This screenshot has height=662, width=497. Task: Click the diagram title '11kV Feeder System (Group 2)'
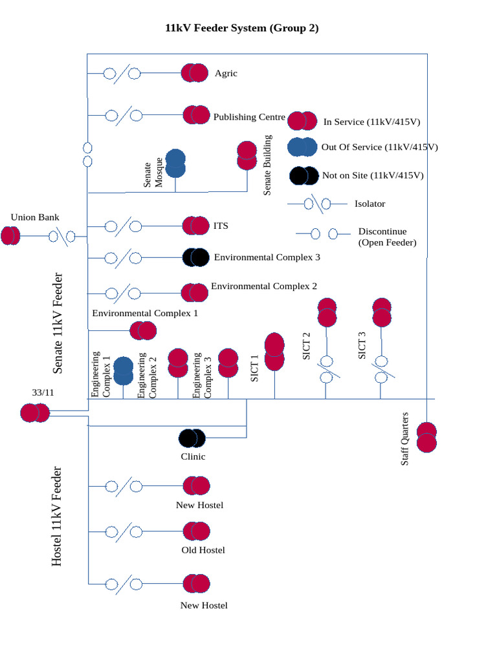click(x=242, y=28)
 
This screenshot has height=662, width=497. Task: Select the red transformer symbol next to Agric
click(x=195, y=73)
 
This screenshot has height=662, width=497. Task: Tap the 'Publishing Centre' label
click(x=249, y=117)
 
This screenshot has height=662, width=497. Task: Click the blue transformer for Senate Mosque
click(x=175, y=164)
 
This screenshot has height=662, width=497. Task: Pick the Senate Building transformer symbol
click(x=247, y=155)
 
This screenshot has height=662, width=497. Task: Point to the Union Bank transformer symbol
click(x=10, y=235)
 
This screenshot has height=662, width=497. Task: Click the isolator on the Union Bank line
click(x=61, y=237)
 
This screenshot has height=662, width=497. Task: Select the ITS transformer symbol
click(x=195, y=226)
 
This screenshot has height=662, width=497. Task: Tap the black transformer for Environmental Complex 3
click(x=195, y=257)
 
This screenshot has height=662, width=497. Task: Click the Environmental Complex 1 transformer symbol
click(x=143, y=330)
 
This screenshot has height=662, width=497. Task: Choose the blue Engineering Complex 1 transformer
click(x=124, y=370)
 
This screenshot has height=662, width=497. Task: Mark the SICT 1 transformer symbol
click(x=274, y=351)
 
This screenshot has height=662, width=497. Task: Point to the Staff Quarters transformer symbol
click(x=426, y=438)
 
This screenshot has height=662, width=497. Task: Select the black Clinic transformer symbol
click(x=192, y=438)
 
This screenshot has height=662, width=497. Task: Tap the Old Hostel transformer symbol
click(x=197, y=531)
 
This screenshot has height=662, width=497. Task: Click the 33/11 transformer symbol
click(x=35, y=413)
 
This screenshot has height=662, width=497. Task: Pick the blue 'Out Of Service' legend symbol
click(x=302, y=147)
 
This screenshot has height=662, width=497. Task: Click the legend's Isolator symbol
click(x=318, y=204)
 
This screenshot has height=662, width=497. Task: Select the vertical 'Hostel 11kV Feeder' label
click(x=57, y=517)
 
